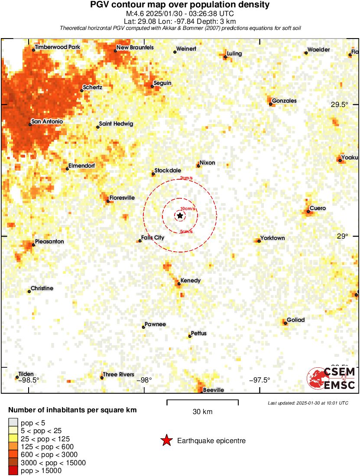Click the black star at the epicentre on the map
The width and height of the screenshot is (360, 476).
point(180,215)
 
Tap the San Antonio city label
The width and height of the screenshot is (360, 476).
point(47,122)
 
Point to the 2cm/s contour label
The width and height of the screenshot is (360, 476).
point(187,178)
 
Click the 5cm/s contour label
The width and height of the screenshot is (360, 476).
point(186,232)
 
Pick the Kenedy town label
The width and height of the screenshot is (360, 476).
point(191,281)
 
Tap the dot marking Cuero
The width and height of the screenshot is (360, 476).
point(308,211)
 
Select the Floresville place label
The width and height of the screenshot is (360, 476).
point(122,198)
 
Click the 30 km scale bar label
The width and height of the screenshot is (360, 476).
point(202,412)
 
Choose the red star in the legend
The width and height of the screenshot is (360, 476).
point(166,441)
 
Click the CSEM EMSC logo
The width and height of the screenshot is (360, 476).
point(332,378)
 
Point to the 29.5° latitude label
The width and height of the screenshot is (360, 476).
point(340,104)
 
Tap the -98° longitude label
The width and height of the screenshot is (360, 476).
point(144,380)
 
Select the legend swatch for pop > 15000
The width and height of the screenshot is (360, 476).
point(13,471)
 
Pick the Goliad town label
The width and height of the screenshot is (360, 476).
point(295,320)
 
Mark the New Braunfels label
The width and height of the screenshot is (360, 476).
point(135,48)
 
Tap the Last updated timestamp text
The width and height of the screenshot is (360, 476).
point(308,403)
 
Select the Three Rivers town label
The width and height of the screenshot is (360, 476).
point(118,375)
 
